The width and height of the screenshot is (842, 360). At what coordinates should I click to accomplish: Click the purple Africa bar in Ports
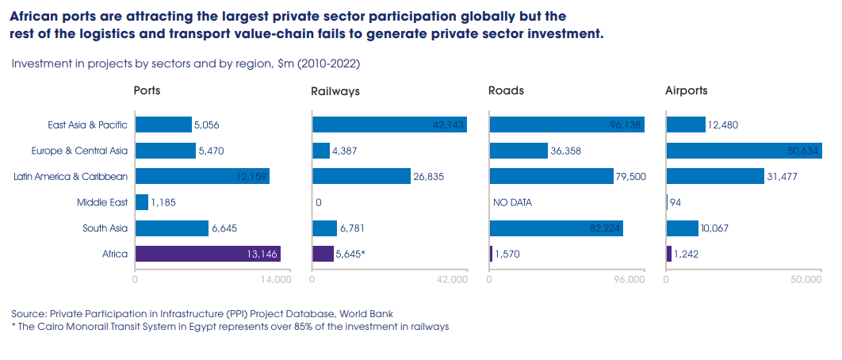click(208, 254)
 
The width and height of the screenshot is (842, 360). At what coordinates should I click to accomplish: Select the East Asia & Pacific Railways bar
click(389, 124)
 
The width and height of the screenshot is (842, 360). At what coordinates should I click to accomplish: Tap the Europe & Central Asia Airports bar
click(744, 151)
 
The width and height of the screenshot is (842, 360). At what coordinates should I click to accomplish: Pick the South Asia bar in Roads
click(556, 228)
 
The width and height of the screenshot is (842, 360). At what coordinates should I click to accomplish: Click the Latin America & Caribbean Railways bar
click(361, 176)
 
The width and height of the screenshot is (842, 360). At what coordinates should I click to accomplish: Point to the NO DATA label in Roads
click(512, 202)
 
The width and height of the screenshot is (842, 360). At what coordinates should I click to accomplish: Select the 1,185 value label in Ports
click(163, 202)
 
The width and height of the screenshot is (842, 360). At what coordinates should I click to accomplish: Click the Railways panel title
click(335, 91)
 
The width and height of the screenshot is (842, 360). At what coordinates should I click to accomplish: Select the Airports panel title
click(687, 90)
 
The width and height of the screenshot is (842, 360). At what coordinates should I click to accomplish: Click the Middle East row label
click(102, 202)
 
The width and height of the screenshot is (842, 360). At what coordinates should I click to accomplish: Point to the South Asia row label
click(105, 228)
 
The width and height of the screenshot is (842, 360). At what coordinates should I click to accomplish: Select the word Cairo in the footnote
click(52, 326)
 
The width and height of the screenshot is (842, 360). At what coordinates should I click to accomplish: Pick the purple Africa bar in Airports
click(669, 254)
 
